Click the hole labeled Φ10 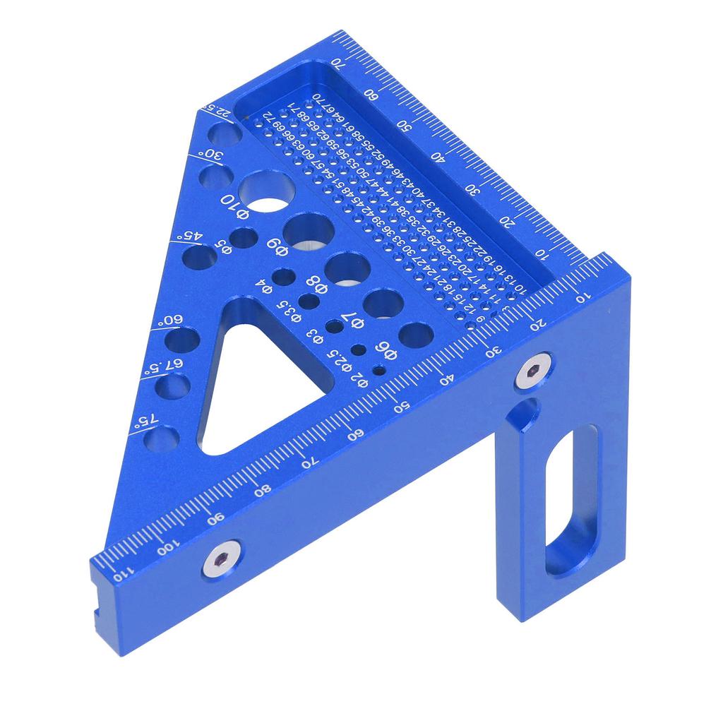267,191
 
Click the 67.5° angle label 169,365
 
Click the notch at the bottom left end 96,616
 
